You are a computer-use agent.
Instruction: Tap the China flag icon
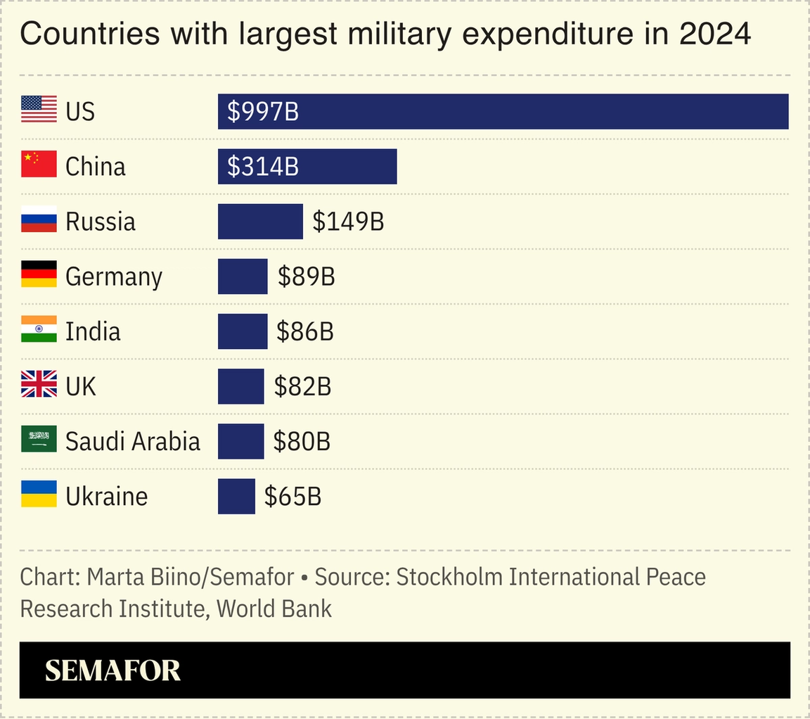pyautogui.click(x=39, y=165)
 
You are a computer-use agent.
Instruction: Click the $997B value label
pyautogui.click(x=263, y=111)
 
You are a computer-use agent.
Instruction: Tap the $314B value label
pyautogui.click(x=263, y=166)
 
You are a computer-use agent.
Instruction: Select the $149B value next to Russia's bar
pyautogui.click(x=348, y=222)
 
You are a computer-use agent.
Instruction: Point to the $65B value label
pyautogui.click(x=292, y=496)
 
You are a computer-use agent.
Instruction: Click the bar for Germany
pyautogui.click(x=243, y=276)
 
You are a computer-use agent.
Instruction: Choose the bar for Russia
pyautogui.click(x=260, y=222)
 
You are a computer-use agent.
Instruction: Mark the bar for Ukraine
pyautogui.click(x=236, y=496)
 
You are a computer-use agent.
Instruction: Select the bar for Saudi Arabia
pyautogui.click(x=240, y=441)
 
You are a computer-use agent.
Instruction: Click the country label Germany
pyautogui.click(x=114, y=276)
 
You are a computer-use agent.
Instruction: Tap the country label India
pyautogui.click(x=93, y=331)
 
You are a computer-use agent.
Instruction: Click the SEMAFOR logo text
pyautogui.click(x=112, y=670)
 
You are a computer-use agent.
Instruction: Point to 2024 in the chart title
pyautogui.click(x=715, y=34)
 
